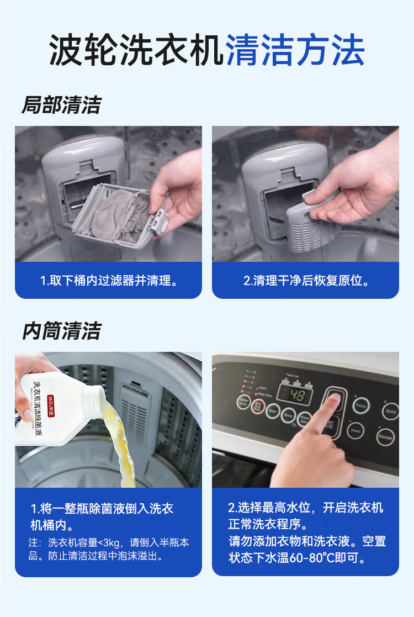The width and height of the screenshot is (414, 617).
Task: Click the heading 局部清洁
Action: click(x=61, y=104)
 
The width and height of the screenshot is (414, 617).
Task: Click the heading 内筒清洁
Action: click(x=61, y=331)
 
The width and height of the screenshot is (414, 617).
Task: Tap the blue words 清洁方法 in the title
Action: click(x=295, y=51)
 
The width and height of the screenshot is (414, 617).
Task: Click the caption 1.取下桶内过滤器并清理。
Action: click(x=109, y=281)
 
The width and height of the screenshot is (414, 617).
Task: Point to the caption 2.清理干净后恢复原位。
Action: click(x=306, y=281)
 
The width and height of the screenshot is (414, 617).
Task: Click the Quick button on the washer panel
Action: click(x=391, y=411)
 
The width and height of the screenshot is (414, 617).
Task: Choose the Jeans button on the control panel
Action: click(x=355, y=430)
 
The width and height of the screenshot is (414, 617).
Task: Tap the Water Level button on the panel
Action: click(x=243, y=402)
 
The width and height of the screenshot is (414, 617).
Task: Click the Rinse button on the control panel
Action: click(x=288, y=415)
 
